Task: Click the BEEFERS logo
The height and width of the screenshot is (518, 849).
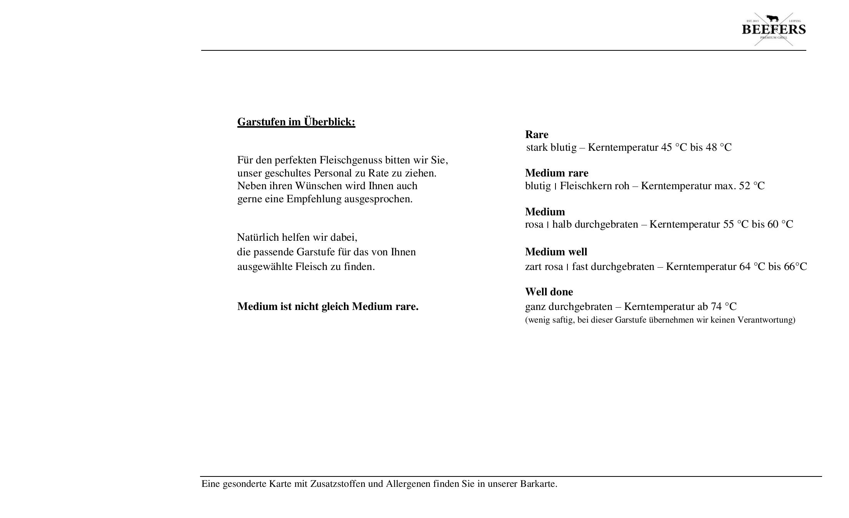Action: tap(773, 29)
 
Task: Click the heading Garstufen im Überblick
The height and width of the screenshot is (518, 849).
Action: tap(296, 122)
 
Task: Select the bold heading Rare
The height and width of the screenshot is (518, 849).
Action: tap(536, 135)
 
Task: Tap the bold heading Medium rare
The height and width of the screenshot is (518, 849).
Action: tap(556, 173)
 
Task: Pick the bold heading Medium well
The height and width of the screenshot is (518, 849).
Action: tap(556, 252)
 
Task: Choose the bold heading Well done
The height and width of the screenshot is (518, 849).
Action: tap(549, 292)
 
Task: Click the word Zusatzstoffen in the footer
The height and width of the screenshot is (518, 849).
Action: tap(337, 484)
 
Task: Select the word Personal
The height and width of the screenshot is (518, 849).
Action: tap(331, 173)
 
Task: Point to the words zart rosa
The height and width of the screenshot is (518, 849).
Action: tap(544, 267)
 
